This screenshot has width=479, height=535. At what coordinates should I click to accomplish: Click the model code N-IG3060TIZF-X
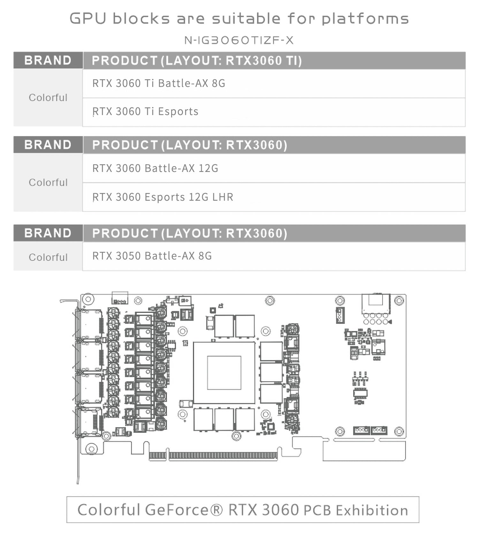click(x=239, y=40)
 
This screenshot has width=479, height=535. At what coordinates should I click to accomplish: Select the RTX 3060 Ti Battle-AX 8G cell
click(x=159, y=83)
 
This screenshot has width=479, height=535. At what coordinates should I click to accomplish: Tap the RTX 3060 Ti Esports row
click(x=145, y=112)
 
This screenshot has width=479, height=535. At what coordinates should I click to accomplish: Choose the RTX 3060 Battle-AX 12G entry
click(x=155, y=168)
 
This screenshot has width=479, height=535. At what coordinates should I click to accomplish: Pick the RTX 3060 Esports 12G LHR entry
click(x=163, y=197)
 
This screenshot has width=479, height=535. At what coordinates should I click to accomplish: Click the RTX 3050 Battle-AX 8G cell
click(x=152, y=256)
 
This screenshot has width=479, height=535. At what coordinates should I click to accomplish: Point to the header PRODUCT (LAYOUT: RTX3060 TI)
click(x=197, y=60)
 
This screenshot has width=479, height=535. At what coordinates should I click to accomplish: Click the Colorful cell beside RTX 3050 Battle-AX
click(x=48, y=257)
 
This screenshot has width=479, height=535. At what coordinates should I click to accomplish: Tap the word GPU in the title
click(x=87, y=19)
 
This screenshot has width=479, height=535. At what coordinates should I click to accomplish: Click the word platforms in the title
click(x=365, y=19)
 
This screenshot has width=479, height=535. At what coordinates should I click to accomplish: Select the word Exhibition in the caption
click(x=372, y=510)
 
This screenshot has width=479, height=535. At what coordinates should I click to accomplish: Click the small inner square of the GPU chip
click(x=224, y=373)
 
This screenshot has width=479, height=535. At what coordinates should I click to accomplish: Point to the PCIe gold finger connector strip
click(x=213, y=456)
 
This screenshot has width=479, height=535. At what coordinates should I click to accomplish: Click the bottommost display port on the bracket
click(x=90, y=422)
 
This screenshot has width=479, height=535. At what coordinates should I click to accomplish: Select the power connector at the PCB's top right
click(x=376, y=304)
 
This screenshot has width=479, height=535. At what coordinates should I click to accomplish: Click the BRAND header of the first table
click(x=48, y=60)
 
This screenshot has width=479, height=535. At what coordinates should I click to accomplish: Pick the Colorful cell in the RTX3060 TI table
click(x=48, y=97)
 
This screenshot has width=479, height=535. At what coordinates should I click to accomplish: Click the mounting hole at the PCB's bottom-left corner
click(x=91, y=449)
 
